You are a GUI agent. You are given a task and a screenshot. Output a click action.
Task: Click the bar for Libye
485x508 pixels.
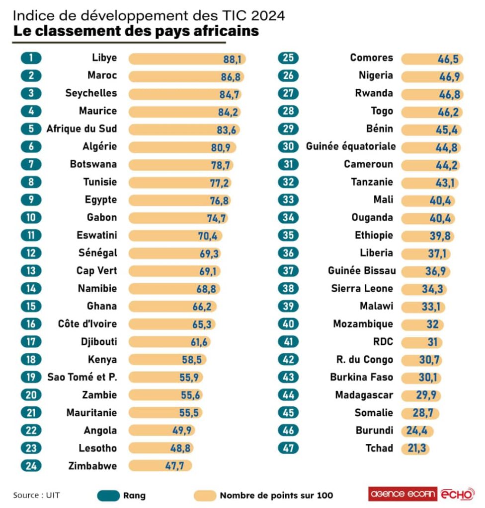[187, 59]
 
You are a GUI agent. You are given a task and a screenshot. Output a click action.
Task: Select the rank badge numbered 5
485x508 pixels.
[31, 129]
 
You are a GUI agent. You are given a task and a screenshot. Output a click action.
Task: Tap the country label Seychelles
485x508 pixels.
[91, 93]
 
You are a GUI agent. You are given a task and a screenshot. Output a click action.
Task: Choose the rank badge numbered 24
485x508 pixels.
[31, 466]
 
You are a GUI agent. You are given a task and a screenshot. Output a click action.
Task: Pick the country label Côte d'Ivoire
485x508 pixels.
[87, 324]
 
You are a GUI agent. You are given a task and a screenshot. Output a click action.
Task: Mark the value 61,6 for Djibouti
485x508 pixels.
[197, 342]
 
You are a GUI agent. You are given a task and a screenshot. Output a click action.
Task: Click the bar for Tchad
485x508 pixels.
[415, 448]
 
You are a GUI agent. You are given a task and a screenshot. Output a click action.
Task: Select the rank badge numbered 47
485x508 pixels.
[289, 448]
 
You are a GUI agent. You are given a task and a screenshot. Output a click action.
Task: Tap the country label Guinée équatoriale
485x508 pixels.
[351, 146]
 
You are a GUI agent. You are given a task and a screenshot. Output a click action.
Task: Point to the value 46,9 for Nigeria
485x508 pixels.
[448, 76]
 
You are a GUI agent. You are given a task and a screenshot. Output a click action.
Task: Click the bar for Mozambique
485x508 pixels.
[421, 324]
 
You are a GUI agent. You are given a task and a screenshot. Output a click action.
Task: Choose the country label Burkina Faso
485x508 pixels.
[361, 377]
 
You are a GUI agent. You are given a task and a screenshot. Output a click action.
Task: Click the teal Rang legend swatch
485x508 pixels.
[106, 495]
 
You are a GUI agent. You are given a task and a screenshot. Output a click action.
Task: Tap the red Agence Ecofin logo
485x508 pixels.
[403, 494]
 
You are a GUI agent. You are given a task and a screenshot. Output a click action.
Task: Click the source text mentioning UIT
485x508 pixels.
[33, 495]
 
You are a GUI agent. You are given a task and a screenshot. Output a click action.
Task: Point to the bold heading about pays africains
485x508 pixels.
[136, 31]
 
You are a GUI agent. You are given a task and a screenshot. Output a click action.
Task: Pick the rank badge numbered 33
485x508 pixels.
[289, 200]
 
